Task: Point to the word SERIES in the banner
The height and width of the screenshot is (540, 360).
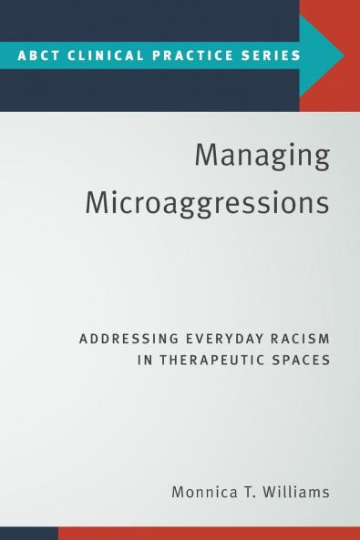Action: tap(269, 55)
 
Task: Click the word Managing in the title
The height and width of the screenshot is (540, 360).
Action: tap(262, 156)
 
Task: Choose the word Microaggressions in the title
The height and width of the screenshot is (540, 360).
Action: tap(207, 202)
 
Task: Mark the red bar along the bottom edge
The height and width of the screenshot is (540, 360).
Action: tap(210, 533)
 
